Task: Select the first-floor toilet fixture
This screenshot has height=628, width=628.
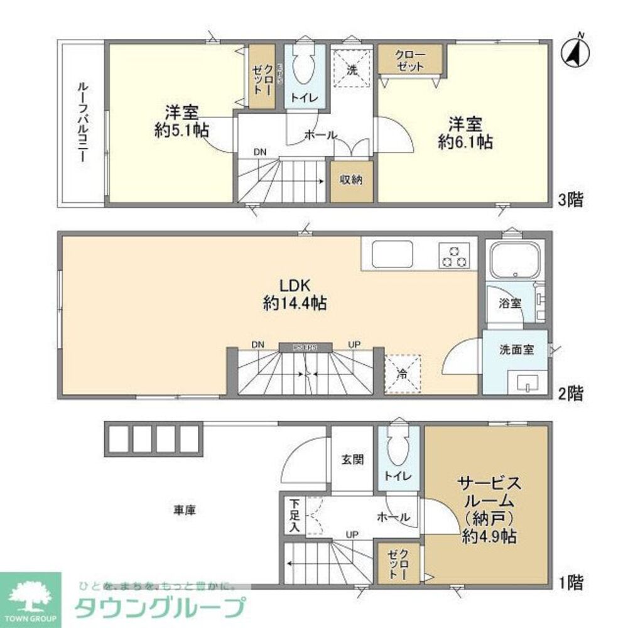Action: tap(398, 449)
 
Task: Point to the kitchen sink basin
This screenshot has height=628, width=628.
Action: tap(391, 254)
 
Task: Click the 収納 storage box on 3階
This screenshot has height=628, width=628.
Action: tap(352, 180)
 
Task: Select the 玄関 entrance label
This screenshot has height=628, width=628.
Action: tap(352, 459)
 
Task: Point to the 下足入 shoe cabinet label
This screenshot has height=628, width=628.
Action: tap(294, 516)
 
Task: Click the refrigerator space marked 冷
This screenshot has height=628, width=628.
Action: tap(402, 373)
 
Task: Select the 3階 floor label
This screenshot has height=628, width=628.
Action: tap(571, 200)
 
